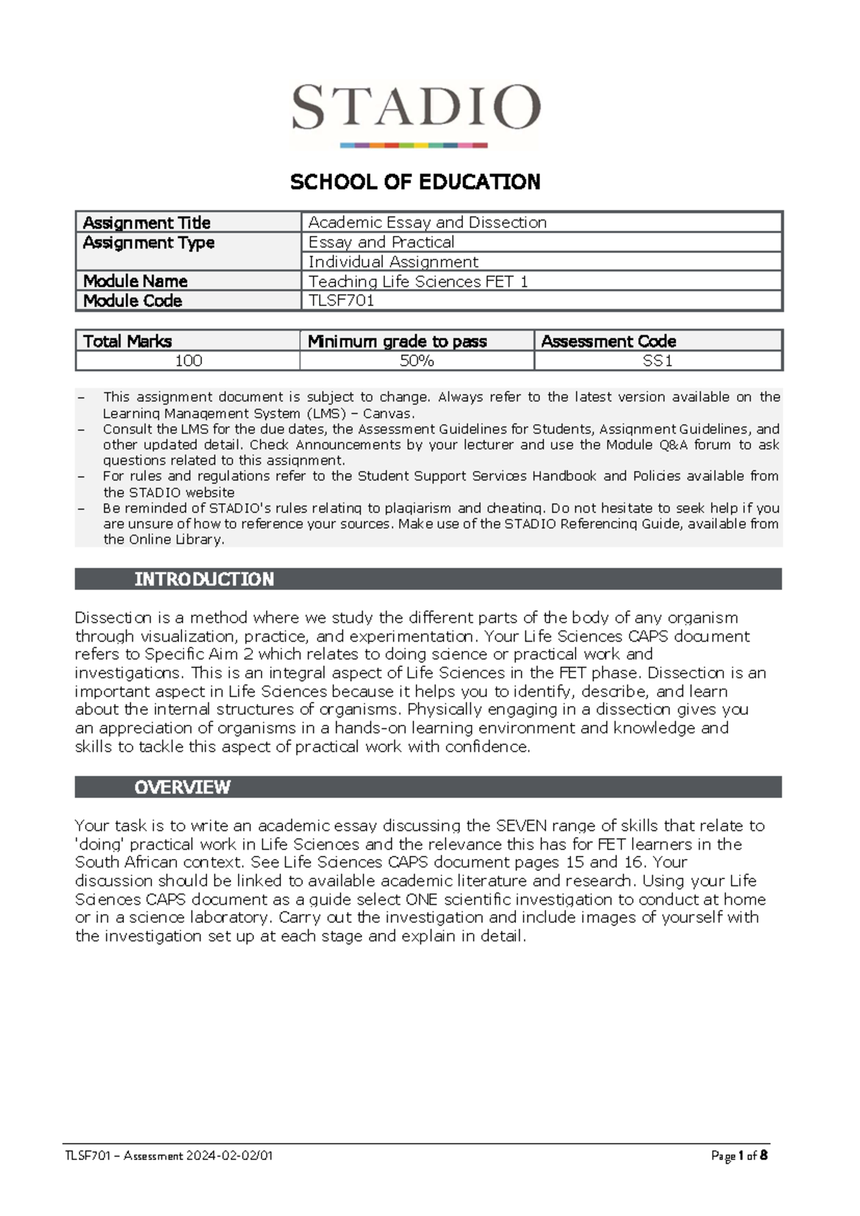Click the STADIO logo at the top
415,113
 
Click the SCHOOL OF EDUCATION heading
415,182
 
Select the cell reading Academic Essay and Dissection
427,222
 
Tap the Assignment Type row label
148,242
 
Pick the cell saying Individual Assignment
393,262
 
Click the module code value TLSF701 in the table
341,300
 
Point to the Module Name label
135,281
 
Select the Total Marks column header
128,341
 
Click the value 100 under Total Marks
188,361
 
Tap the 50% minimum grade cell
416,361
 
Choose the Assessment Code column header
608,341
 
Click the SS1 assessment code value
657,361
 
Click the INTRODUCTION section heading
204,579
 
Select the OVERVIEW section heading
182,787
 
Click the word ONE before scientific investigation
421,899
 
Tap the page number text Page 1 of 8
739,1156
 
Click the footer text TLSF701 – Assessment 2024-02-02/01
169,1156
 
